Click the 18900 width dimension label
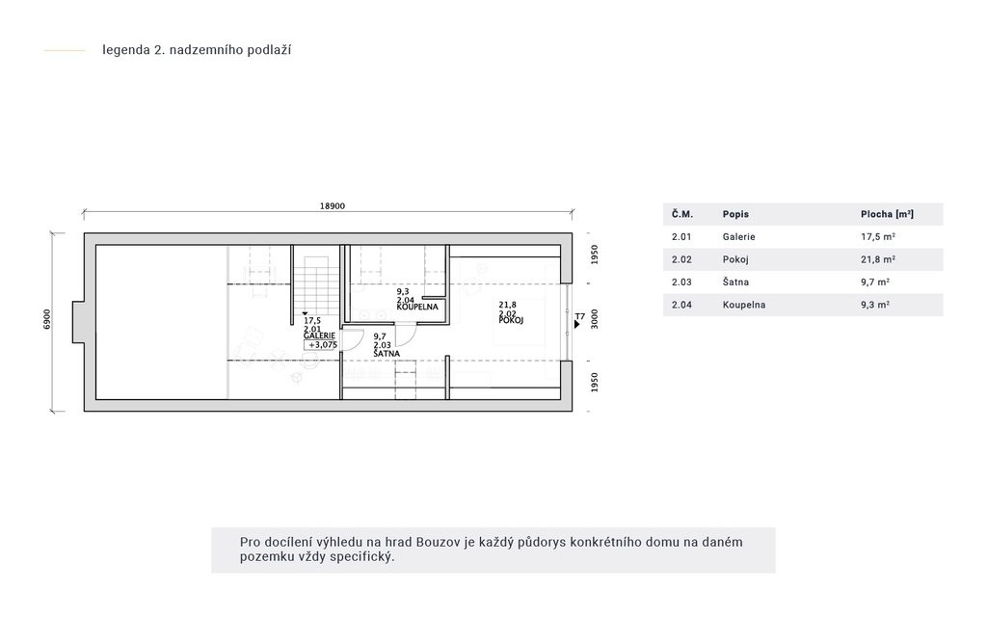(333, 206)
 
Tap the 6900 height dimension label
(48, 318)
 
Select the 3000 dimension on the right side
(595, 319)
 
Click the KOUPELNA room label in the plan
(417, 308)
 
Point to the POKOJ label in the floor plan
(511, 320)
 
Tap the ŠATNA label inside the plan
(387, 354)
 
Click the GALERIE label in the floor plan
(319, 336)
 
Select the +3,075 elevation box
(321, 345)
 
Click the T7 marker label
(580, 316)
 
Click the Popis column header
(735, 214)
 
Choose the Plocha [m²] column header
(888, 214)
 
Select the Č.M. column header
(682, 214)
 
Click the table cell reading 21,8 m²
(878, 259)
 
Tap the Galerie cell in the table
(739, 237)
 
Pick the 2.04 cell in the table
(681, 305)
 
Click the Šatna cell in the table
(735, 282)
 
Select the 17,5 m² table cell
(878, 237)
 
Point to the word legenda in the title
(126, 50)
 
